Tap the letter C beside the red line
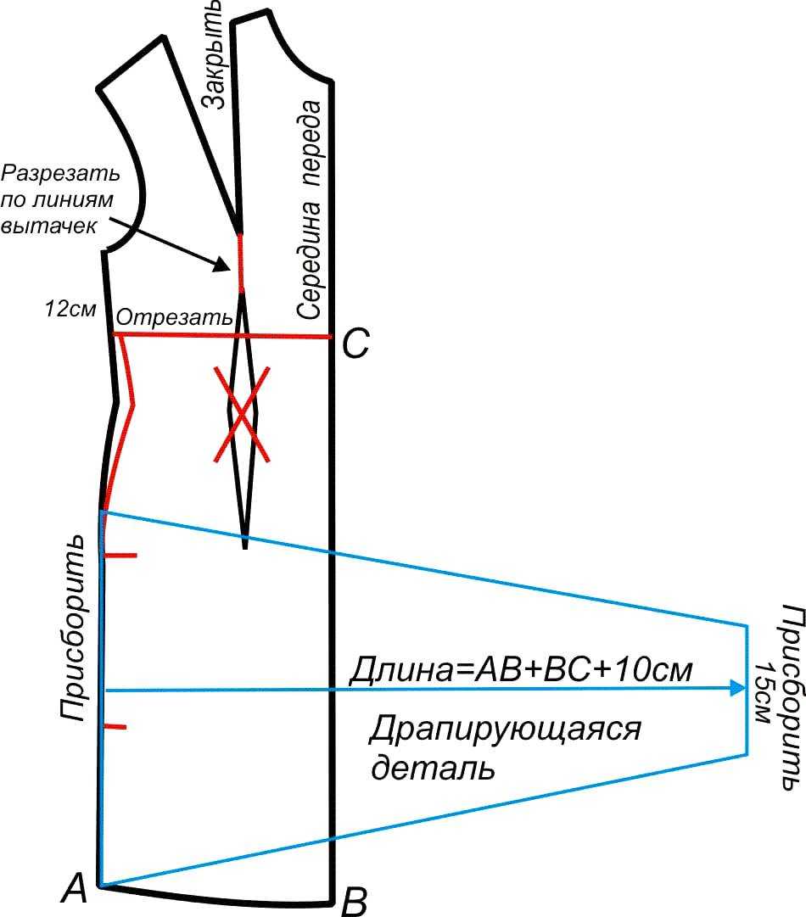pyautogui.click(x=355, y=344)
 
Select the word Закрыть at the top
pyautogui.click(x=213, y=55)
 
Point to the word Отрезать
pyautogui.click(x=173, y=318)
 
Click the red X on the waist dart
pyautogui.click(x=243, y=414)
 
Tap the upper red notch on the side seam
pyautogui.click(x=120, y=556)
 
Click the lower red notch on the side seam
pyautogui.click(x=115, y=703)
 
